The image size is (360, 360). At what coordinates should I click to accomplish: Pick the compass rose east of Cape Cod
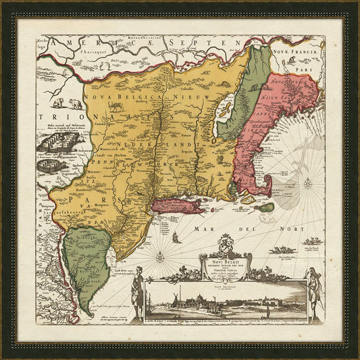tap(307, 183)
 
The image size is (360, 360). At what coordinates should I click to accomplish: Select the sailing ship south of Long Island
tap(176, 236)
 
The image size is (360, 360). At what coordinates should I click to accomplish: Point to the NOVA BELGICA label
tap(122, 97)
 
